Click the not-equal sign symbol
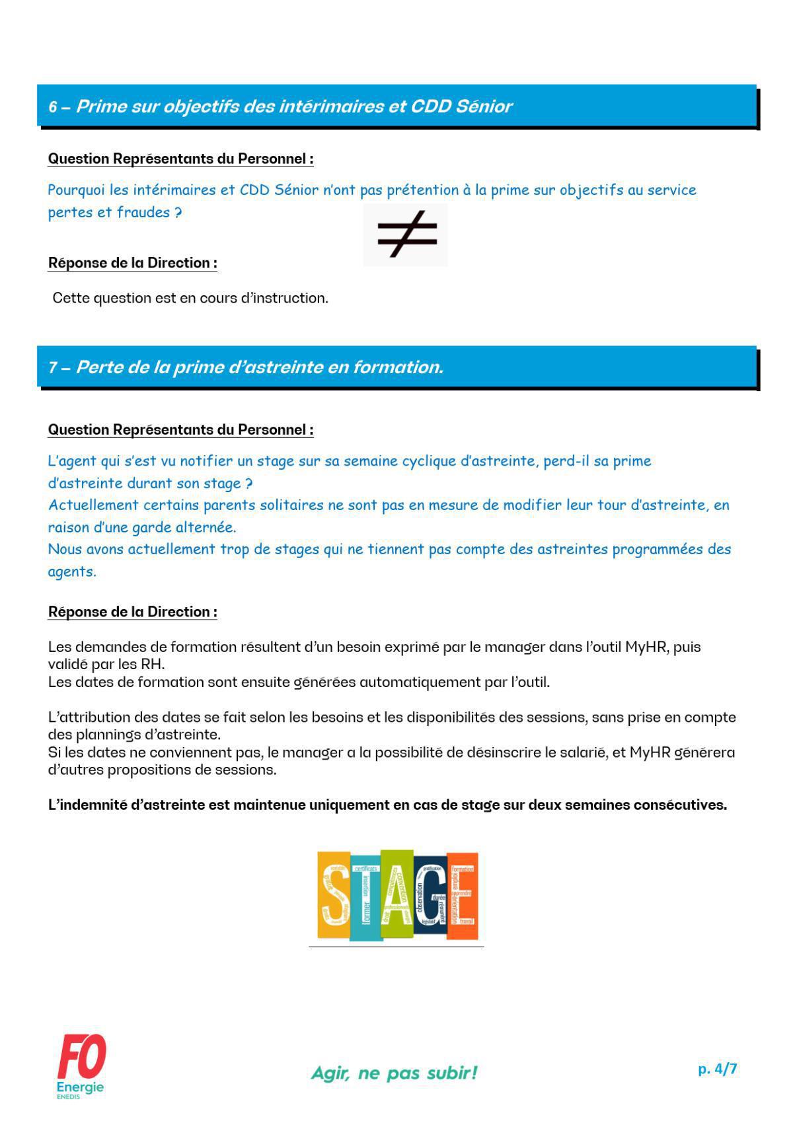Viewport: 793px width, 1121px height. coord(406,235)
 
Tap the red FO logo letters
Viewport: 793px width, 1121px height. coord(81,1057)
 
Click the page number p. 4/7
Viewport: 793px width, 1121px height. coord(717,1068)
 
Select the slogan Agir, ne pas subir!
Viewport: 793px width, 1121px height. coord(394,1072)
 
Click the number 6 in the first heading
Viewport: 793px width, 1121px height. coord(53,107)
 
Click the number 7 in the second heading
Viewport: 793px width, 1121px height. coord(52,368)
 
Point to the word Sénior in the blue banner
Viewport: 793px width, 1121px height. coord(484,106)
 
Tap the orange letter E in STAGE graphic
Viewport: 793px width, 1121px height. coord(463,895)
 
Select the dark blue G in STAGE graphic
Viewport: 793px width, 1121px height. coord(431,895)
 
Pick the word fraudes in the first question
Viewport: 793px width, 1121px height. coord(143,213)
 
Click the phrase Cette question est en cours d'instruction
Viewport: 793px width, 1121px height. coord(190,298)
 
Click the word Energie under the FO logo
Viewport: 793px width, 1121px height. coord(80,1087)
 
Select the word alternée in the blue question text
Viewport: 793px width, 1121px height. coord(205,527)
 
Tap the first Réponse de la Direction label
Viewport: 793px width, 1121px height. coord(132,263)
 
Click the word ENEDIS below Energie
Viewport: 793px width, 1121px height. coord(68,1097)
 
